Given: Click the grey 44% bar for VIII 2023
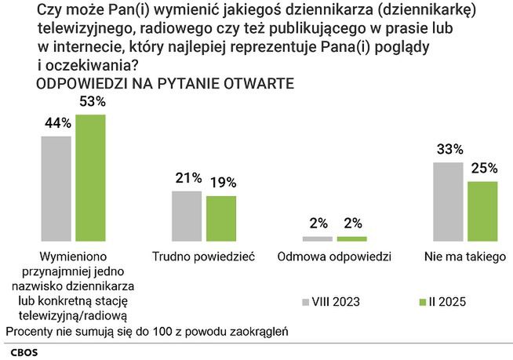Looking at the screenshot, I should pyautogui.click(x=56, y=188).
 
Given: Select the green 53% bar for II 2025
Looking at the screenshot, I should pyautogui.click(x=90, y=177).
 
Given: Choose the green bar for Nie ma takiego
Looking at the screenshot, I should pyautogui.click(x=482, y=210).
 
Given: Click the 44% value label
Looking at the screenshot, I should pyautogui.click(x=58, y=123).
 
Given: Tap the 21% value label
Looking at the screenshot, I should pyautogui.click(x=188, y=178).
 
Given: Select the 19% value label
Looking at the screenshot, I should pyautogui.click(x=222, y=183).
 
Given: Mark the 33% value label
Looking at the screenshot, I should pyautogui.click(x=449, y=149).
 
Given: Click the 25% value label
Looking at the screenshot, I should pyautogui.click(x=482, y=167).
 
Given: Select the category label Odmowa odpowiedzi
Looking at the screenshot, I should pyautogui.click(x=335, y=256).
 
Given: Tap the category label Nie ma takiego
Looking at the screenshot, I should pyautogui.click(x=464, y=256).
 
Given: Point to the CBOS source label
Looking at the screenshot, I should pyautogui.click(x=21, y=351).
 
